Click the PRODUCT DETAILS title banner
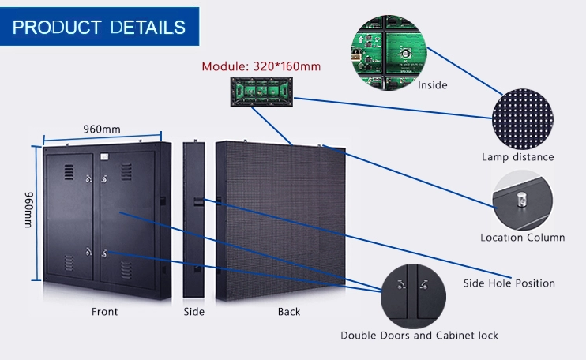point(100,28)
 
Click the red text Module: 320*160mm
point(261,66)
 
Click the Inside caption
point(433,85)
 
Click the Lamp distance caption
point(518,157)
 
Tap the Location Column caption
point(522,237)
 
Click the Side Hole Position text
point(509,283)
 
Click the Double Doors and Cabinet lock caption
point(419,336)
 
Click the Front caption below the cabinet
point(104,312)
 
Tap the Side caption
point(193,312)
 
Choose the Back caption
point(289,312)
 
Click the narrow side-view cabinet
point(194,220)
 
